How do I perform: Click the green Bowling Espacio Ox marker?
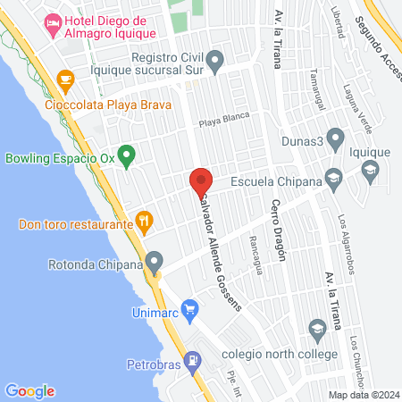[127, 159]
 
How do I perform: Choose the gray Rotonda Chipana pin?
[155, 264]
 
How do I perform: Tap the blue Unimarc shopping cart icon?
[189, 309]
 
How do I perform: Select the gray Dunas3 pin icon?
[335, 138]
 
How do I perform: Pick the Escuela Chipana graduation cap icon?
[333, 178]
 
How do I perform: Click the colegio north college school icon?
[315, 330]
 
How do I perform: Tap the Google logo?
[29, 390]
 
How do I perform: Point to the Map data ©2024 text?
[363, 394]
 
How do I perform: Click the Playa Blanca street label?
[222, 123]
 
